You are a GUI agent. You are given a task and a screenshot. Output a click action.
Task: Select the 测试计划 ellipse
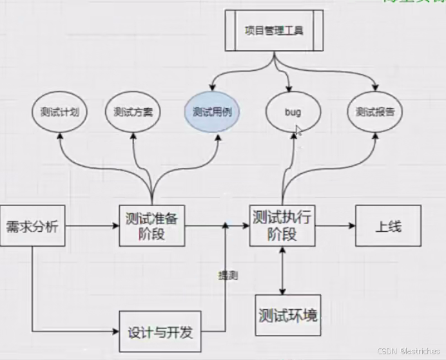60,111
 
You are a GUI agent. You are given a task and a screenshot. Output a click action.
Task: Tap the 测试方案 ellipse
133,111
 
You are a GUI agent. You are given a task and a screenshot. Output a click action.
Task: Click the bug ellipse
293,111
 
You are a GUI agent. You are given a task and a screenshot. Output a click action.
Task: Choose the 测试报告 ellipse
375,111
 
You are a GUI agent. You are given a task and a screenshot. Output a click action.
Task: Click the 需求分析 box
32,226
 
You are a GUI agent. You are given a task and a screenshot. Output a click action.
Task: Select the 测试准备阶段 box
152,225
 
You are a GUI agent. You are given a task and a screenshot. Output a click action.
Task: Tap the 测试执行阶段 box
282,225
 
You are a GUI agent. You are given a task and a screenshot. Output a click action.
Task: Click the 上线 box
388,226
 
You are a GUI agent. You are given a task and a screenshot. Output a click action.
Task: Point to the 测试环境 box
287,316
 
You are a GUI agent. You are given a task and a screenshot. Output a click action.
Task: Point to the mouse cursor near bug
299,131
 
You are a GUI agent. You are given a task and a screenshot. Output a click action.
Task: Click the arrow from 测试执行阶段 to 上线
335,226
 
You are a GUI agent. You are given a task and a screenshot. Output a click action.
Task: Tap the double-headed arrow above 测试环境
282,270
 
